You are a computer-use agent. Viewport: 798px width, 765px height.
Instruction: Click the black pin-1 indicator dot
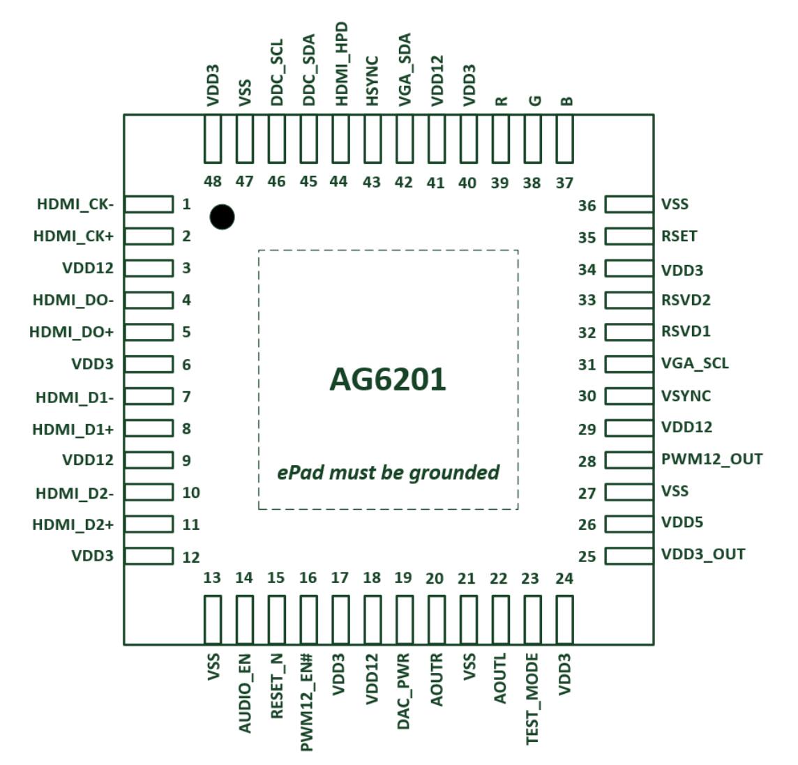(222, 218)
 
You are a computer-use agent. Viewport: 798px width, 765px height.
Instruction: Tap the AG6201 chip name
(388, 380)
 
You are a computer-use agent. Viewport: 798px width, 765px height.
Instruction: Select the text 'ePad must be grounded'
(388, 473)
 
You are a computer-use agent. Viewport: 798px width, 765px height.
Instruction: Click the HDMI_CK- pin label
(75, 204)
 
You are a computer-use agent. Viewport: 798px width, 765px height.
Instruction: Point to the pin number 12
(190, 557)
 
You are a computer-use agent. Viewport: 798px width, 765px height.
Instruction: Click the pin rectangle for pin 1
(149, 204)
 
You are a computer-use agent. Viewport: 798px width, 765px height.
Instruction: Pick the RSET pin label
(679, 236)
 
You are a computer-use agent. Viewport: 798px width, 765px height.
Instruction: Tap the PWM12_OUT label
(712, 460)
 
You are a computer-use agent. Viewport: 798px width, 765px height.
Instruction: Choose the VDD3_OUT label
(703, 554)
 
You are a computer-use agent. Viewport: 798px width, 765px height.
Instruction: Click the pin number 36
(587, 206)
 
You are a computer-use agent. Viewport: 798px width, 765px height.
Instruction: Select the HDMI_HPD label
(342, 63)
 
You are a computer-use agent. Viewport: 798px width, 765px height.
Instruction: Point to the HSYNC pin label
(372, 82)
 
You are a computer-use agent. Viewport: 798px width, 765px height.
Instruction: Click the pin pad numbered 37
(564, 138)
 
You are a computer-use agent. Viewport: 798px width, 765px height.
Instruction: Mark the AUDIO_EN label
(245, 693)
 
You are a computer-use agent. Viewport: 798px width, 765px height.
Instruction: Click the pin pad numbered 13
(213, 619)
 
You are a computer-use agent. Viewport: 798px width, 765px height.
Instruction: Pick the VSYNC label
(686, 396)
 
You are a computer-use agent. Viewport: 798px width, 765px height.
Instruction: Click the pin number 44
(338, 181)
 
